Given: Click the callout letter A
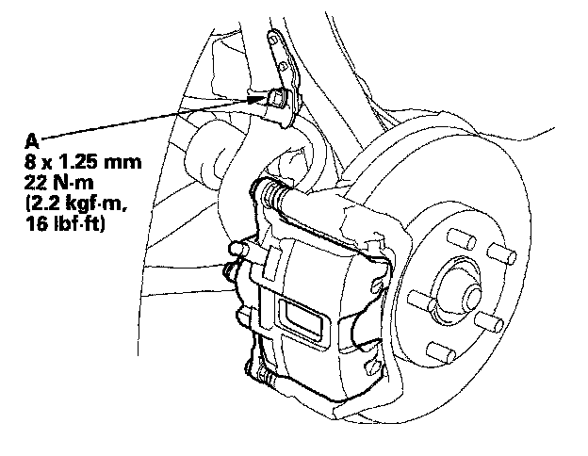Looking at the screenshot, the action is (31, 139).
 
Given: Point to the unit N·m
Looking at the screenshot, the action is (71, 182).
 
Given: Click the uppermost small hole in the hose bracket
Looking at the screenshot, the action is (277, 41).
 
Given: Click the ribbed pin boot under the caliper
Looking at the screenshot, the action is (274, 381).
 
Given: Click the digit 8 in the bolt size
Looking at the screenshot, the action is (30, 161).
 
